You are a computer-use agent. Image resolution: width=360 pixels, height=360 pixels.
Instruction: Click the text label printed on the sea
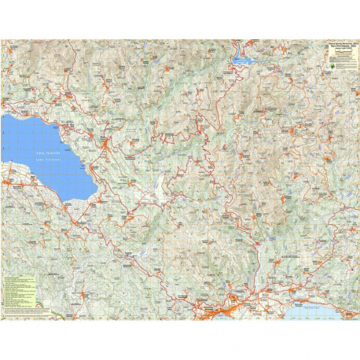(x=318, y=310)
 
